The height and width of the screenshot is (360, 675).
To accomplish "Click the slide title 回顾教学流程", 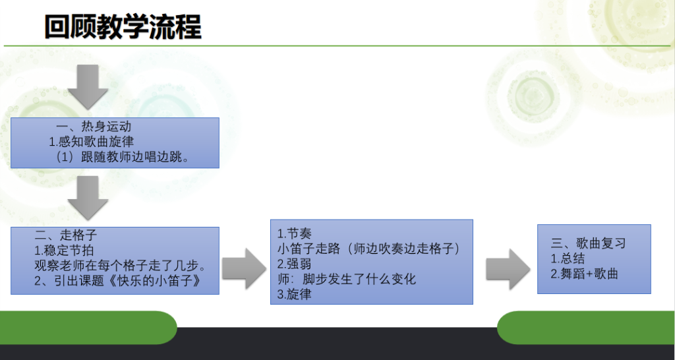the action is (x=123, y=27).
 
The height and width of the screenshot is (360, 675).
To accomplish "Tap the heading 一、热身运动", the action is (x=94, y=127).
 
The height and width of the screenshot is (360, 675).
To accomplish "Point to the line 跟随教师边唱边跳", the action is (x=123, y=156).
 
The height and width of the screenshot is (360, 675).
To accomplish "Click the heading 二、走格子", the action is (x=66, y=235).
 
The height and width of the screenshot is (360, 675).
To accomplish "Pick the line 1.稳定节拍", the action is (x=64, y=250).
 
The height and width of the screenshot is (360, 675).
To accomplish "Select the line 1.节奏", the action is (x=294, y=234).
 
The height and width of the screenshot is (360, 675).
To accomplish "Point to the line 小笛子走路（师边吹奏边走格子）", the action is (x=369, y=249).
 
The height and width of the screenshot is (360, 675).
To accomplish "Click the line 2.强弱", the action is (x=294, y=264).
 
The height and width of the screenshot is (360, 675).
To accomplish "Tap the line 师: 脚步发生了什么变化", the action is (x=347, y=279).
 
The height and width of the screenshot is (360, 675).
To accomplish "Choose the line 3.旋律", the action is (x=294, y=295).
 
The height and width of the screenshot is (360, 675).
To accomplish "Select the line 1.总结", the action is (x=568, y=258).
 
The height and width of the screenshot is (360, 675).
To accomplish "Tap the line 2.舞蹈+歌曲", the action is (x=585, y=274).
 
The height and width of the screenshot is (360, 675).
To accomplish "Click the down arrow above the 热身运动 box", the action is (x=88, y=87).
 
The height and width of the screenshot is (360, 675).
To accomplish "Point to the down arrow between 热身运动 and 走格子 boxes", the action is (x=88, y=198).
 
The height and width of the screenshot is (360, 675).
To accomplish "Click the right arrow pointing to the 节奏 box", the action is (x=245, y=269).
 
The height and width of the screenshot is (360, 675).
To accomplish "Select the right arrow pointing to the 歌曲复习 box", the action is (x=508, y=269).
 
